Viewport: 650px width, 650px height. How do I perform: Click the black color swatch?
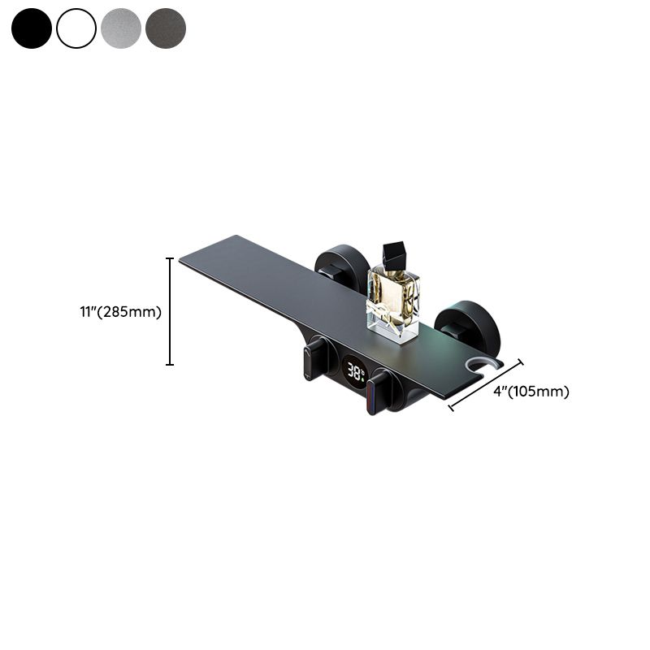32,28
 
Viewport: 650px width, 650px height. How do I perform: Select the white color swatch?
76,28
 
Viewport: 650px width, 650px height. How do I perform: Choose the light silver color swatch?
121,28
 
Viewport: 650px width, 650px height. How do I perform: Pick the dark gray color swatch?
166,28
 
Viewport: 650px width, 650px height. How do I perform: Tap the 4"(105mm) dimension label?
531,391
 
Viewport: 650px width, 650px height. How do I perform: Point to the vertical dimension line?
170,311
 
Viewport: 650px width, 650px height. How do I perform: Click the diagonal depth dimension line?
486,383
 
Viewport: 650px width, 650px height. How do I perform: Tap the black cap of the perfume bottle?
396,253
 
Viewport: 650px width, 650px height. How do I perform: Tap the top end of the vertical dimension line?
170,258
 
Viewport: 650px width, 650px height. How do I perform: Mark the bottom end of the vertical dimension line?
170,365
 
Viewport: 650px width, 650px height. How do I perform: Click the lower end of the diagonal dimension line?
450,405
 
